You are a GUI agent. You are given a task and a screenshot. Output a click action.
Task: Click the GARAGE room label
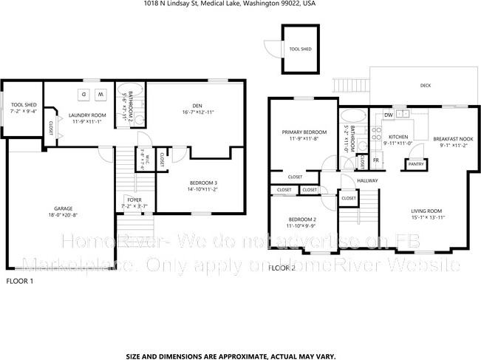[61, 208]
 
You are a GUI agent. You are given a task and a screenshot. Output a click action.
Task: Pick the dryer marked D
[83, 94]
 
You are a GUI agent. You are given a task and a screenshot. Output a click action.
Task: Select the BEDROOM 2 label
[302, 220]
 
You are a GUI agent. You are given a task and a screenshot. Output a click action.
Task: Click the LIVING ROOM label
[429, 211]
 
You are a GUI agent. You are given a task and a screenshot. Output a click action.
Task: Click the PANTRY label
[416, 163]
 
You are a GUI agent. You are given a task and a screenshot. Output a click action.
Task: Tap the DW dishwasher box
[388, 115]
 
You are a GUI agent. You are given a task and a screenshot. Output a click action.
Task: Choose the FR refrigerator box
[376, 160]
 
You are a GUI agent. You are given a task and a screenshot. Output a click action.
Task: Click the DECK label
[425, 86]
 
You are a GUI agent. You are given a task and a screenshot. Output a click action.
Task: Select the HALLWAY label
[367, 180]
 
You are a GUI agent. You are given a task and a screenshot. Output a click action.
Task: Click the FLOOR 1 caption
[21, 281]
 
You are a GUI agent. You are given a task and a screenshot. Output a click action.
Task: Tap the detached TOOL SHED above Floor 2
[299, 49]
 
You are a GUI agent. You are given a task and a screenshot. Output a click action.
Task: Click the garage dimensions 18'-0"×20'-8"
[61, 214]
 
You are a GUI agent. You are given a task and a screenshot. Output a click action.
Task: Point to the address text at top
[240, 4]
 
